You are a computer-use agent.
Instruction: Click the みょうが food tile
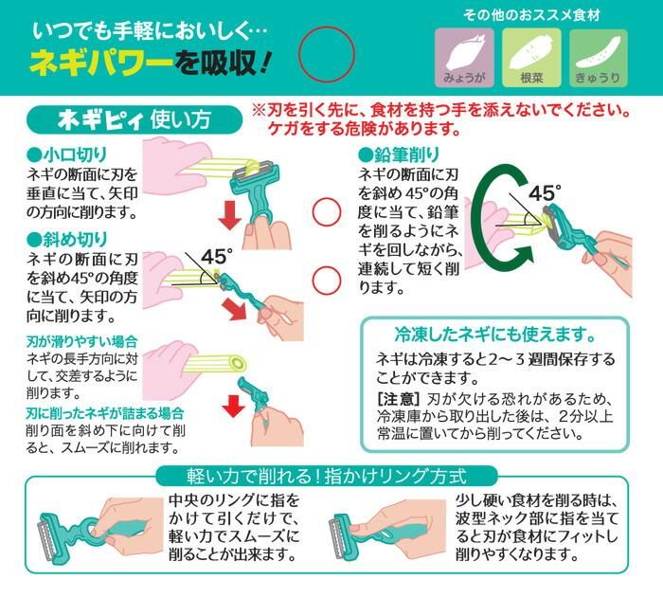coord(464,58)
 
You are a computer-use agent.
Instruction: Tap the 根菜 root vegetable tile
coord(531,58)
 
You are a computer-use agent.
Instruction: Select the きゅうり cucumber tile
coord(598,58)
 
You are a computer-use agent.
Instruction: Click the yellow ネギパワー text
coord(101,63)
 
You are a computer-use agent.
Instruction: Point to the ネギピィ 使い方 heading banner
coord(134,119)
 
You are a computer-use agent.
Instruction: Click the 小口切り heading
coord(67,154)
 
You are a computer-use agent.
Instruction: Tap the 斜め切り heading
coord(67,240)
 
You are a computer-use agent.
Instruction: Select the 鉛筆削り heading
coord(399,154)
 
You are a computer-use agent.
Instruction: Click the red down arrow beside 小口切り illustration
coord(230,214)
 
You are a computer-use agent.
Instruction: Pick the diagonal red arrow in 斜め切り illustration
coord(235,309)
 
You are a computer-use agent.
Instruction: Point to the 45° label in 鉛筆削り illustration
coord(545,193)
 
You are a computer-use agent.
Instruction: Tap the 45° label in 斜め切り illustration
coord(217,257)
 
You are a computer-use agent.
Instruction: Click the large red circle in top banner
coord(327,54)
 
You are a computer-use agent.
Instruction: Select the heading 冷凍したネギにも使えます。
coord(494,334)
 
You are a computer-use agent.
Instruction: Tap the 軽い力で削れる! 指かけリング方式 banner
coord(327,476)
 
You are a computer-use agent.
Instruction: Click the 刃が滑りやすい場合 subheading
coord(82,341)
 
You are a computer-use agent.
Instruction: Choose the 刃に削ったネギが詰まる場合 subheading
coord(105,412)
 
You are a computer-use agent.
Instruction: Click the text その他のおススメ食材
coord(531,16)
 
